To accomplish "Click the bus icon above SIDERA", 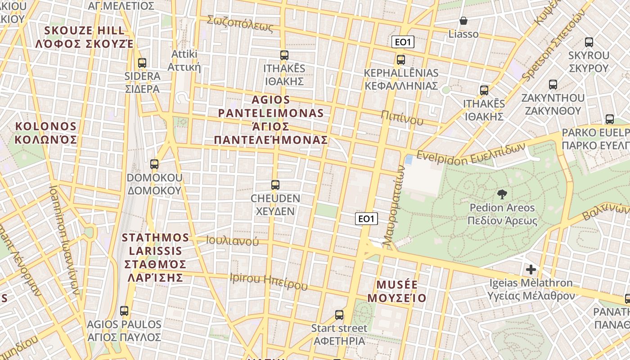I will click(142, 63).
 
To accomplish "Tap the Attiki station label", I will click(184, 60).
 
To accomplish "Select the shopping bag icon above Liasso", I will click(463, 21).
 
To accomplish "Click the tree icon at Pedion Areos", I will click(501, 194).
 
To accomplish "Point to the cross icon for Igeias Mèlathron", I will click(531, 270).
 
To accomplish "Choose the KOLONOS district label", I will click(45, 133).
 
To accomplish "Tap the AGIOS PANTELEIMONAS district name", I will click(271, 119).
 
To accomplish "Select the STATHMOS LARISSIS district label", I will click(155, 257).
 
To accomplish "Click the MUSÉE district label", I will click(397, 291).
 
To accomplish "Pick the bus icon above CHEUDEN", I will click(275, 184).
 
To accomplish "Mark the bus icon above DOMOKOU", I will click(154, 164).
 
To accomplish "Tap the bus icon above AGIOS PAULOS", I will click(124, 310).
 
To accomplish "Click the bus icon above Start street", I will click(339, 315).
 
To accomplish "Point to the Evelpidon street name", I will click(471, 154).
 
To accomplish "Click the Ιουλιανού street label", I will click(232, 241).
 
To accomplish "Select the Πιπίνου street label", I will click(402, 117).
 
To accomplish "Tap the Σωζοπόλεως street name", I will click(240, 23).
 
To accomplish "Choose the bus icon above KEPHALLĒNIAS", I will click(400, 60).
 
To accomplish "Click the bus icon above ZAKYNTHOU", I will click(553, 85).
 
